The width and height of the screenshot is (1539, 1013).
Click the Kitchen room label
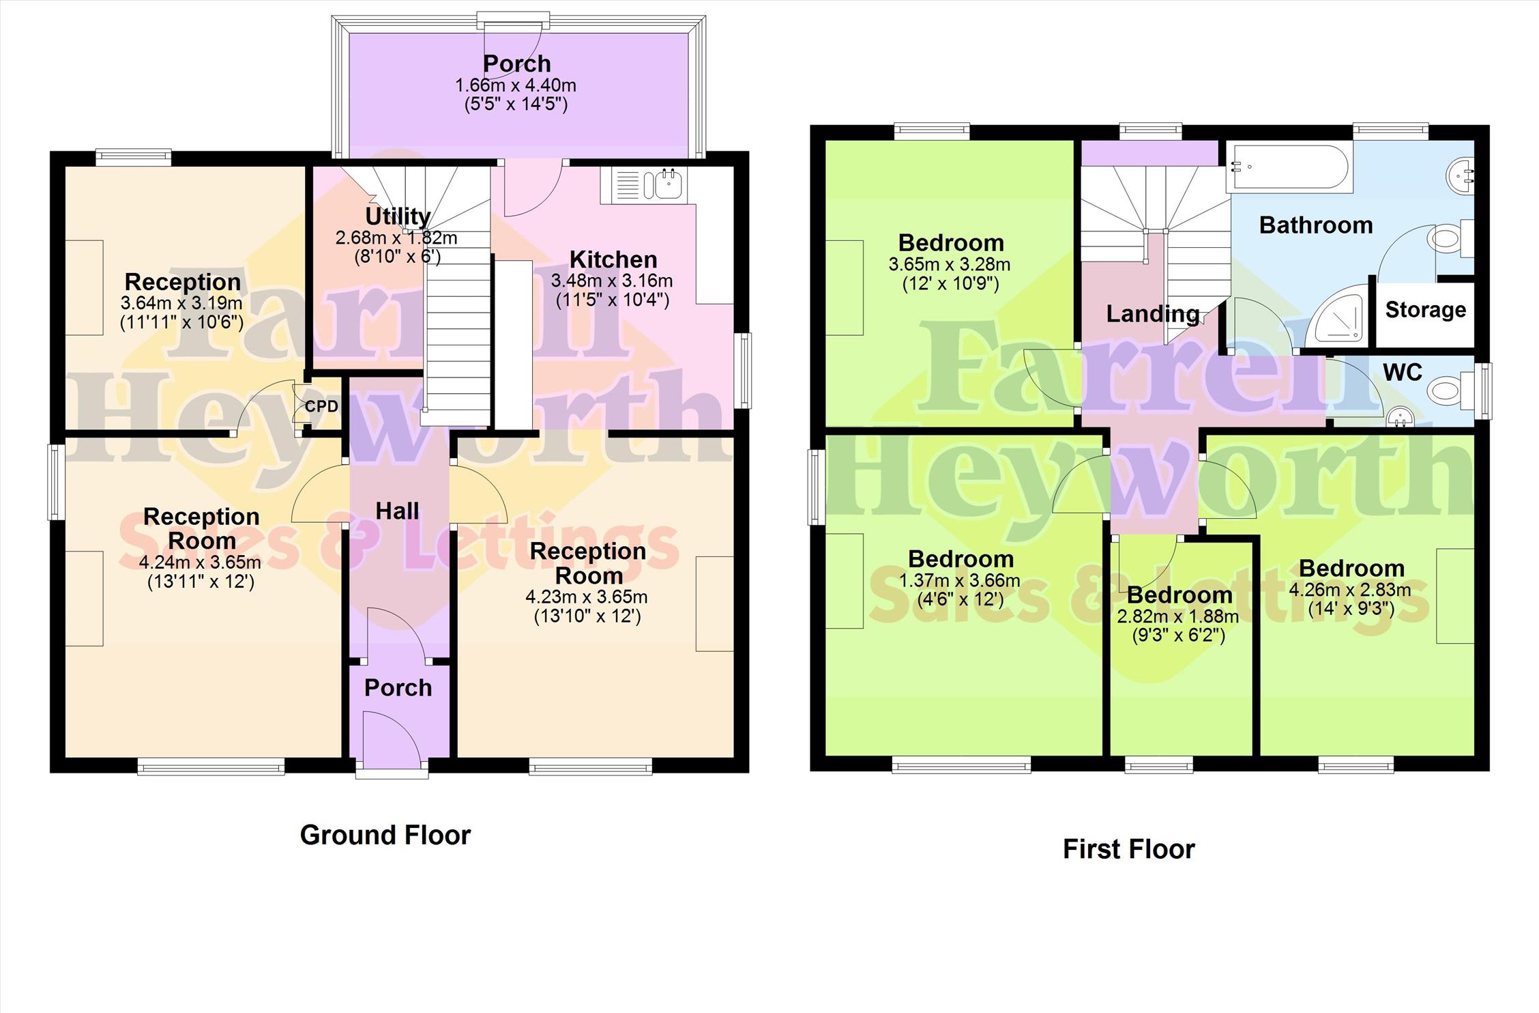coord(613,260)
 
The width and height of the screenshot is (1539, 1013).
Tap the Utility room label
coord(398,216)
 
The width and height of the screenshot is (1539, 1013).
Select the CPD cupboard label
coord(321,407)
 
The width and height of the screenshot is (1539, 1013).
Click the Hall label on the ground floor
coord(397,511)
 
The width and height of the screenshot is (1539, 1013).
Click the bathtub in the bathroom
coord(1288,167)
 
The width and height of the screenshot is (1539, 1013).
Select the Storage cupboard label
coord(1425,310)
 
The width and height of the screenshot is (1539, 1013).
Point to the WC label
coord(1403,372)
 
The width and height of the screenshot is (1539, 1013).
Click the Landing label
coord(1153,314)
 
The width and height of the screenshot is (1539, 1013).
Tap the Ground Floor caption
coord(385,835)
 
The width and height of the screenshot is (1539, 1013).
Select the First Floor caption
coord(1129,849)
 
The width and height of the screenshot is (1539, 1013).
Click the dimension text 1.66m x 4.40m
coord(516,85)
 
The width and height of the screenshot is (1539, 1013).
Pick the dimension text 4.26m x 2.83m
coord(1350,589)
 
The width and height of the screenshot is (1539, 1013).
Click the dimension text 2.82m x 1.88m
coord(1178,616)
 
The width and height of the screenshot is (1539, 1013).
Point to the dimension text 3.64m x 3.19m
coord(181,302)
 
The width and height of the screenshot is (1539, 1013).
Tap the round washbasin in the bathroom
coord(1460,175)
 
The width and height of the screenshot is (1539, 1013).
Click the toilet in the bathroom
coord(1450,239)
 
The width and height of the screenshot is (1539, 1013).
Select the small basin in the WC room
coord(1399,416)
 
